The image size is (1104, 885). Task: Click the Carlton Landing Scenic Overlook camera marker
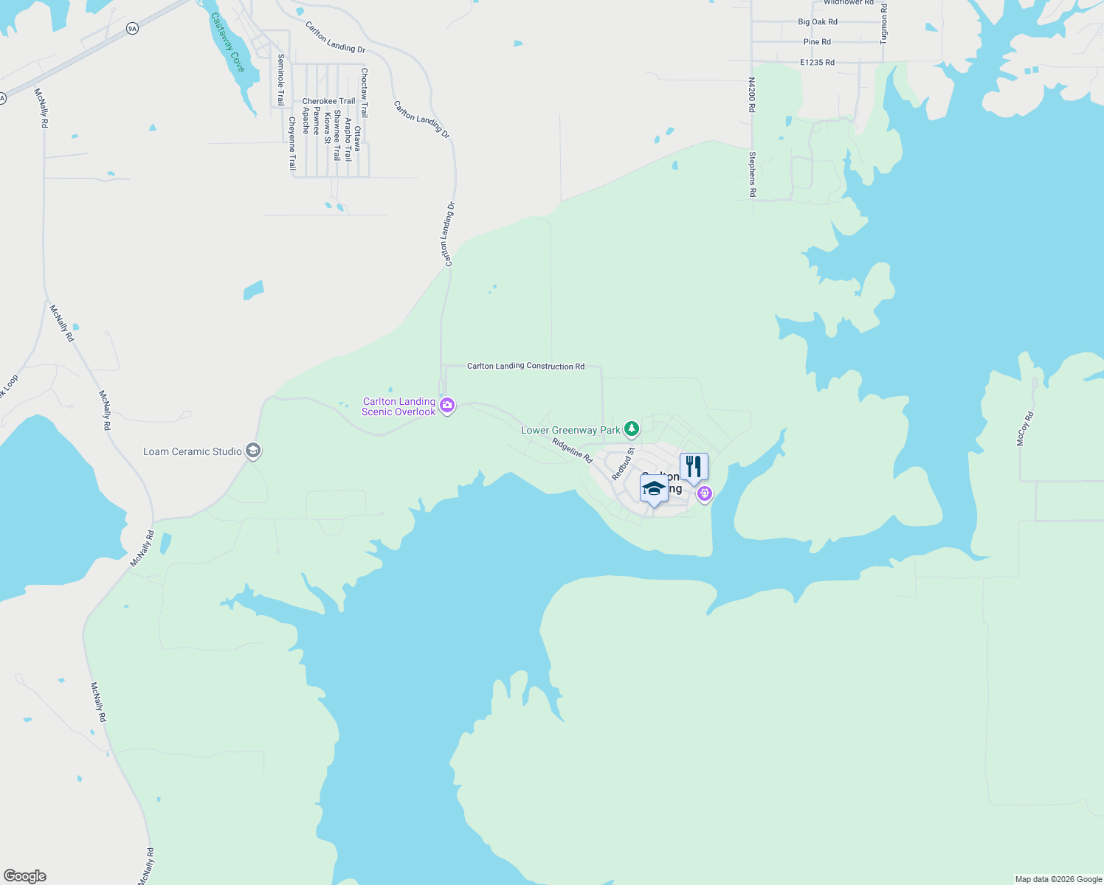click(446, 405)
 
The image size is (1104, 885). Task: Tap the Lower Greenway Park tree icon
click(631, 428)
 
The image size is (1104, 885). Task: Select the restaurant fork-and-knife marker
click(694, 467)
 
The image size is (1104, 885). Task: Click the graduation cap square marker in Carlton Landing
click(654, 490)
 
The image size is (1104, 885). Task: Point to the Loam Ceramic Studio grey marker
click(253, 451)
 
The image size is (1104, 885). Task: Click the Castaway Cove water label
click(227, 42)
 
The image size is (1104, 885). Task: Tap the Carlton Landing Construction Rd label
click(525, 366)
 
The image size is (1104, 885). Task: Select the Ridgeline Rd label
click(573, 451)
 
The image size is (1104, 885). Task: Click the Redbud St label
click(623, 464)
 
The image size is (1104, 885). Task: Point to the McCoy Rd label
click(1025, 428)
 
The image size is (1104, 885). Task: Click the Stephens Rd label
click(752, 174)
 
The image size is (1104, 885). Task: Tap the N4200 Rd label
click(751, 95)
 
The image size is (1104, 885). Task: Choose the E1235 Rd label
click(817, 63)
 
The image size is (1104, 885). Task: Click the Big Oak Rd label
click(818, 22)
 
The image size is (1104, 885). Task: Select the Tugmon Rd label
click(884, 24)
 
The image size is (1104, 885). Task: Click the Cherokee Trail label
click(328, 101)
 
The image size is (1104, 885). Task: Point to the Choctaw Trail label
click(364, 93)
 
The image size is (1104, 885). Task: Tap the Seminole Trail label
click(280, 80)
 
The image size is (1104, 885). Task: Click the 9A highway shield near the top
click(132, 29)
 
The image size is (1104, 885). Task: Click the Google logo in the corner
click(24, 876)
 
